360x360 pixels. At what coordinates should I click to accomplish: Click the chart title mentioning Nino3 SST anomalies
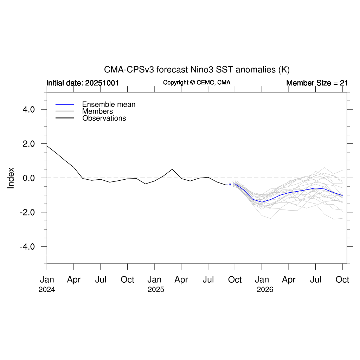click(x=197, y=70)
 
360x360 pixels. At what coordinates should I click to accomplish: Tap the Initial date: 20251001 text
click(x=82, y=83)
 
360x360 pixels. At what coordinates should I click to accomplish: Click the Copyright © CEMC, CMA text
click(x=197, y=83)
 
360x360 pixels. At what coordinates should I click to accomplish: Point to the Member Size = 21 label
click(x=317, y=83)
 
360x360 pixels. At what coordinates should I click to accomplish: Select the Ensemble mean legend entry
click(x=109, y=104)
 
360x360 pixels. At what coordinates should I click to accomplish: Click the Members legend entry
click(x=97, y=111)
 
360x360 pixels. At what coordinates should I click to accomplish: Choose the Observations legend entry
click(x=104, y=118)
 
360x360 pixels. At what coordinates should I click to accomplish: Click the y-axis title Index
click(x=11, y=178)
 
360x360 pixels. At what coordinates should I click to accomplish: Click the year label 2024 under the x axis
click(x=47, y=290)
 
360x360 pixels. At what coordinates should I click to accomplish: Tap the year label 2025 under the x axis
click(x=156, y=290)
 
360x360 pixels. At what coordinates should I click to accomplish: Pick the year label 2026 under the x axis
click(x=265, y=290)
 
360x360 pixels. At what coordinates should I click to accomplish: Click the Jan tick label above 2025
click(x=154, y=280)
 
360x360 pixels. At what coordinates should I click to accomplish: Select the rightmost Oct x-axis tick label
click(x=342, y=280)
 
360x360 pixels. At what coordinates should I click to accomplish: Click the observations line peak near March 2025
click(x=172, y=169)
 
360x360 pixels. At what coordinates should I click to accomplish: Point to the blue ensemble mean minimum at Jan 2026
click(x=262, y=202)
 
